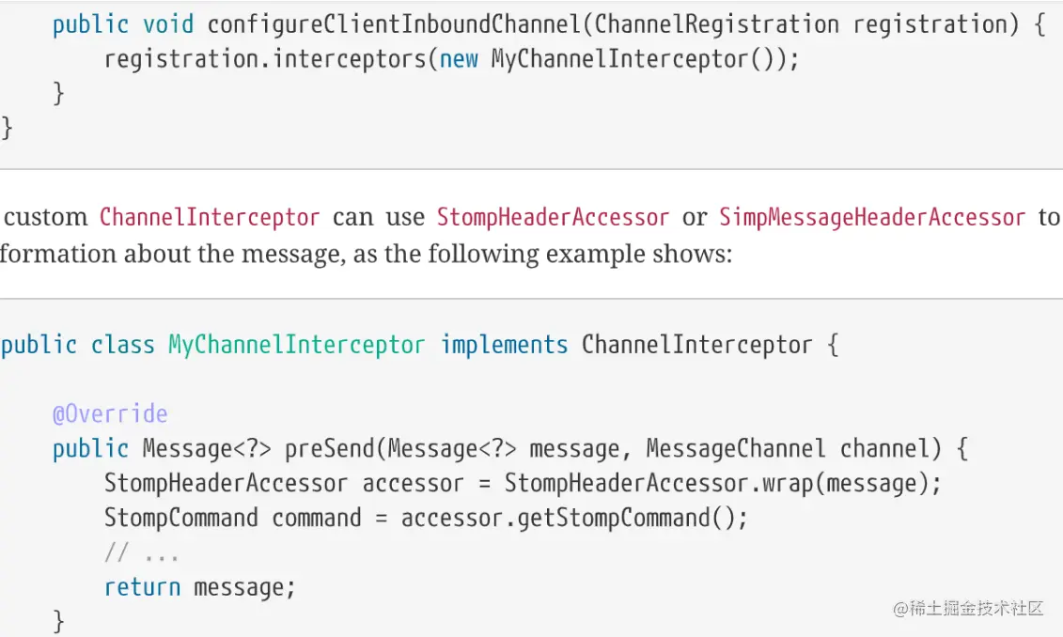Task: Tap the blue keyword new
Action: tap(459, 59)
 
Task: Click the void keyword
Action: tap(168, 23)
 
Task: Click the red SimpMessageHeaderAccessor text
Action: tap(871, 217)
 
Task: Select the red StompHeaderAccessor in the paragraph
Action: tap(553, 217)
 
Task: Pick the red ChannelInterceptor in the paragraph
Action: tap(210, 217)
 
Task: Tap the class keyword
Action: tap(122, 345)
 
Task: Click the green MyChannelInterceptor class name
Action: tap(296, 345)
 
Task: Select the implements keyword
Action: tap(504, 345)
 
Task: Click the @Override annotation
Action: tap(110, 413)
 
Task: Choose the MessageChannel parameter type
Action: tap(735, 449)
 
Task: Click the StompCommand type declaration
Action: tap(180, 518)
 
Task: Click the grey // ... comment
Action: tap(141, 552)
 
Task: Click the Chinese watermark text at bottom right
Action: tap(968, 608)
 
